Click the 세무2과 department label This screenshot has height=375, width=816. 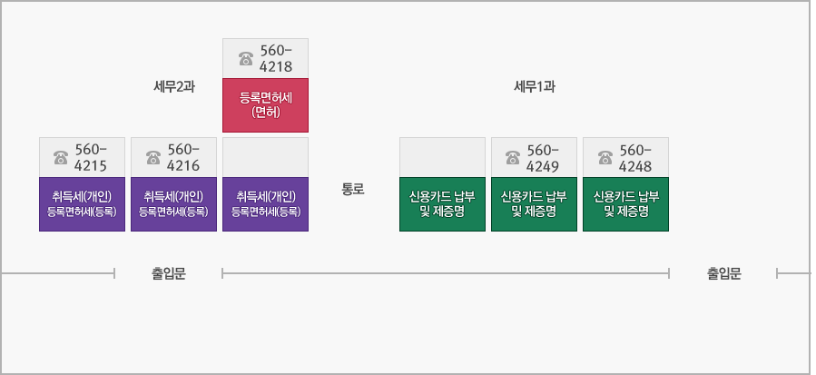click(x=174, y=87)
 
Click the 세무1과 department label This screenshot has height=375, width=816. click(x=534, y=87)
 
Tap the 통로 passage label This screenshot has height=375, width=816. click(x=352, y=190)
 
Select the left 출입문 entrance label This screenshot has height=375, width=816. click(x=168, y=273)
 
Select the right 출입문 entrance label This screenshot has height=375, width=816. click(x=723, y=273)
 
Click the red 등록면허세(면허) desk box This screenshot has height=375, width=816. click(x=265, y=104)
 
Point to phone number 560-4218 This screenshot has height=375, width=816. click(x=276, y=58)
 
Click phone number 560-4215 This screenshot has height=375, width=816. click(x=91, y=157)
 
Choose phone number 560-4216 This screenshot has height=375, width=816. click(x=183, y=157)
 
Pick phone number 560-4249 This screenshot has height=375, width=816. click(x=544, y=157)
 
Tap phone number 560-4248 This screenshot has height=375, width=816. click(x=635, y=157)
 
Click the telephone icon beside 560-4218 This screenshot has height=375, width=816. click(x=245, y=59)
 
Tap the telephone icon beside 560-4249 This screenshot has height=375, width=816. click(x=513, y=158)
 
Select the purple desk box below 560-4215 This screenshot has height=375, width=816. click(x=82, y=203)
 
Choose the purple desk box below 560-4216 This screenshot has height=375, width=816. click(x=173, y=203)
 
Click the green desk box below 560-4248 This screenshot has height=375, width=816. click(x=625, y=203)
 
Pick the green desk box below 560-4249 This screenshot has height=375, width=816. click(x=534, y=203)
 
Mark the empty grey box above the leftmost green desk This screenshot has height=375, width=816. click(x=442, y=156)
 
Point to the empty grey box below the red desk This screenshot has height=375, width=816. click(x=265, y=156)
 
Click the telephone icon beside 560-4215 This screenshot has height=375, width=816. click(x=61, y=158)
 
